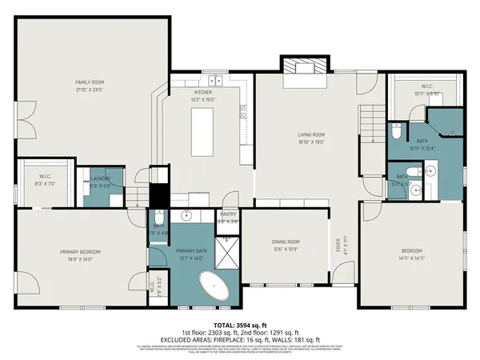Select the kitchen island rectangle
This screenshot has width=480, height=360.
tap(204, 132)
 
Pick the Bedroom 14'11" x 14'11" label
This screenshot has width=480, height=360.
tap(412, 255)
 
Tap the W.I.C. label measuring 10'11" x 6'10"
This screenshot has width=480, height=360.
tap(426, 90)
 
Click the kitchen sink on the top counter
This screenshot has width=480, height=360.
tap(214, 80)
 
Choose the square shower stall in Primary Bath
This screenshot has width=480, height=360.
tap(228, 254)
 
